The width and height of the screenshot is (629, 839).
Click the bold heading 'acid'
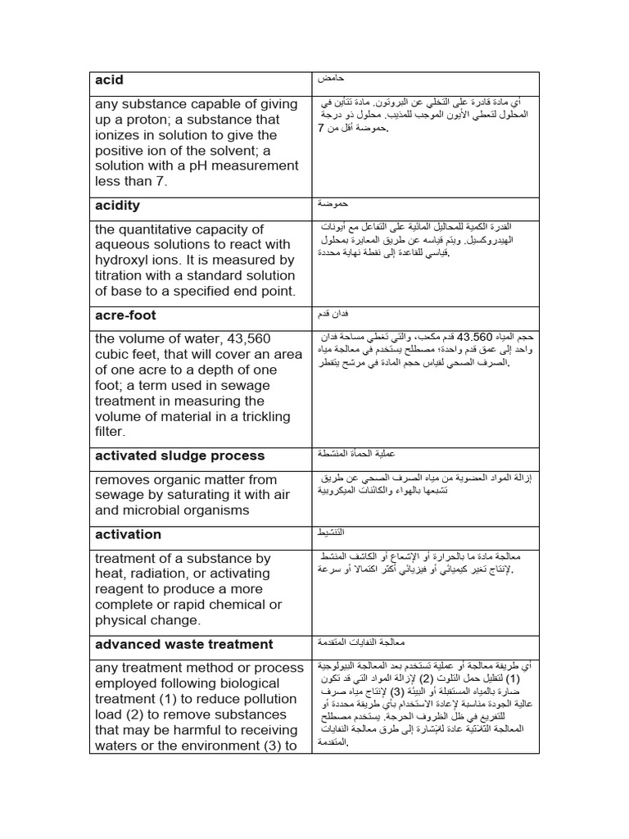pos(109,80)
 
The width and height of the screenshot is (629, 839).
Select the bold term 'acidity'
pos(117,206)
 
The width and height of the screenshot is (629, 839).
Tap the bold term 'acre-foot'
pos(125,315)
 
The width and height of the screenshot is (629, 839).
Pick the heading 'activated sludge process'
pos(179,456)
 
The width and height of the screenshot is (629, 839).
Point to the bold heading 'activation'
pos(128,535)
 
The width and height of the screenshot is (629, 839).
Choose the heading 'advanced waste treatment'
pos(183,644)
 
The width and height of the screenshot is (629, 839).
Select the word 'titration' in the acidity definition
pos(124,276)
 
